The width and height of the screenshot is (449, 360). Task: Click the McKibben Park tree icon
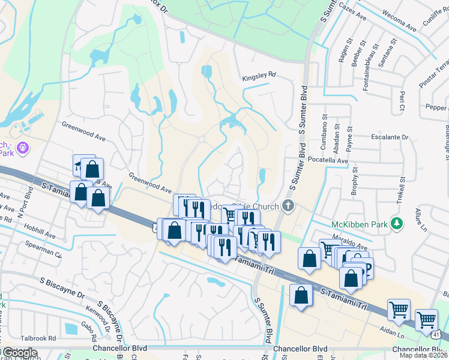pos(396,224)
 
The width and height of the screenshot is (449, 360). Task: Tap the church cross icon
pos(288,206)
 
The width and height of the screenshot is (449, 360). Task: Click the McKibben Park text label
pos(360,224)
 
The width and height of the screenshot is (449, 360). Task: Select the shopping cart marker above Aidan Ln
pos(399,310)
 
